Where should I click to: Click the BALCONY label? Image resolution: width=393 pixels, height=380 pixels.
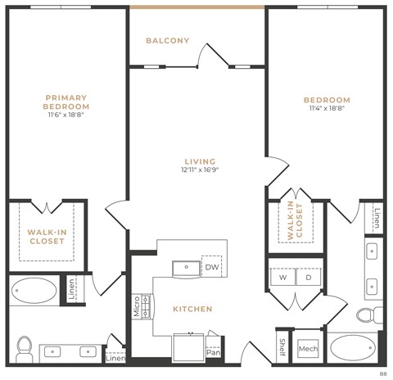click(x=167, y=41)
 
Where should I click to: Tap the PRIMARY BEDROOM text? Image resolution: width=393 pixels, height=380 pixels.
click(x=66, y=102)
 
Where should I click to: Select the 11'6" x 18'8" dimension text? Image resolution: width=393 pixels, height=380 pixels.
click(x=66, y=115)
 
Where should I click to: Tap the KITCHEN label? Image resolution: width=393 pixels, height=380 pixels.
click(x=192, y=309)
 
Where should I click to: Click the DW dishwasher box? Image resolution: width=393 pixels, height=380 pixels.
click(x=211, y=267)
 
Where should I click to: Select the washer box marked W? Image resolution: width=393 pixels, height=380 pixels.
click(x=282, y=278)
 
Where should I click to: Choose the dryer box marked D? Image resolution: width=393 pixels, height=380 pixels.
click(x=309, y=278)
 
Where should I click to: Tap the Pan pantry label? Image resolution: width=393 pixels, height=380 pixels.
click(x=213, y=352)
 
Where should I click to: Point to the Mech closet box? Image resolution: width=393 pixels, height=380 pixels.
click(x=308, y=349)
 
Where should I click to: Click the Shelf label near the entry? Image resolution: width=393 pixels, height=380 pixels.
click(x=281, y=347)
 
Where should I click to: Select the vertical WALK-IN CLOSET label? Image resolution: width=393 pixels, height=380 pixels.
click(x=294, y=220)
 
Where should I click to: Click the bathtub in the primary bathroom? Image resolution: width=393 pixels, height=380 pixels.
click(x=34, y=291)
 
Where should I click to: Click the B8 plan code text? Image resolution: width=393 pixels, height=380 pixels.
click(x=382, y=373)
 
